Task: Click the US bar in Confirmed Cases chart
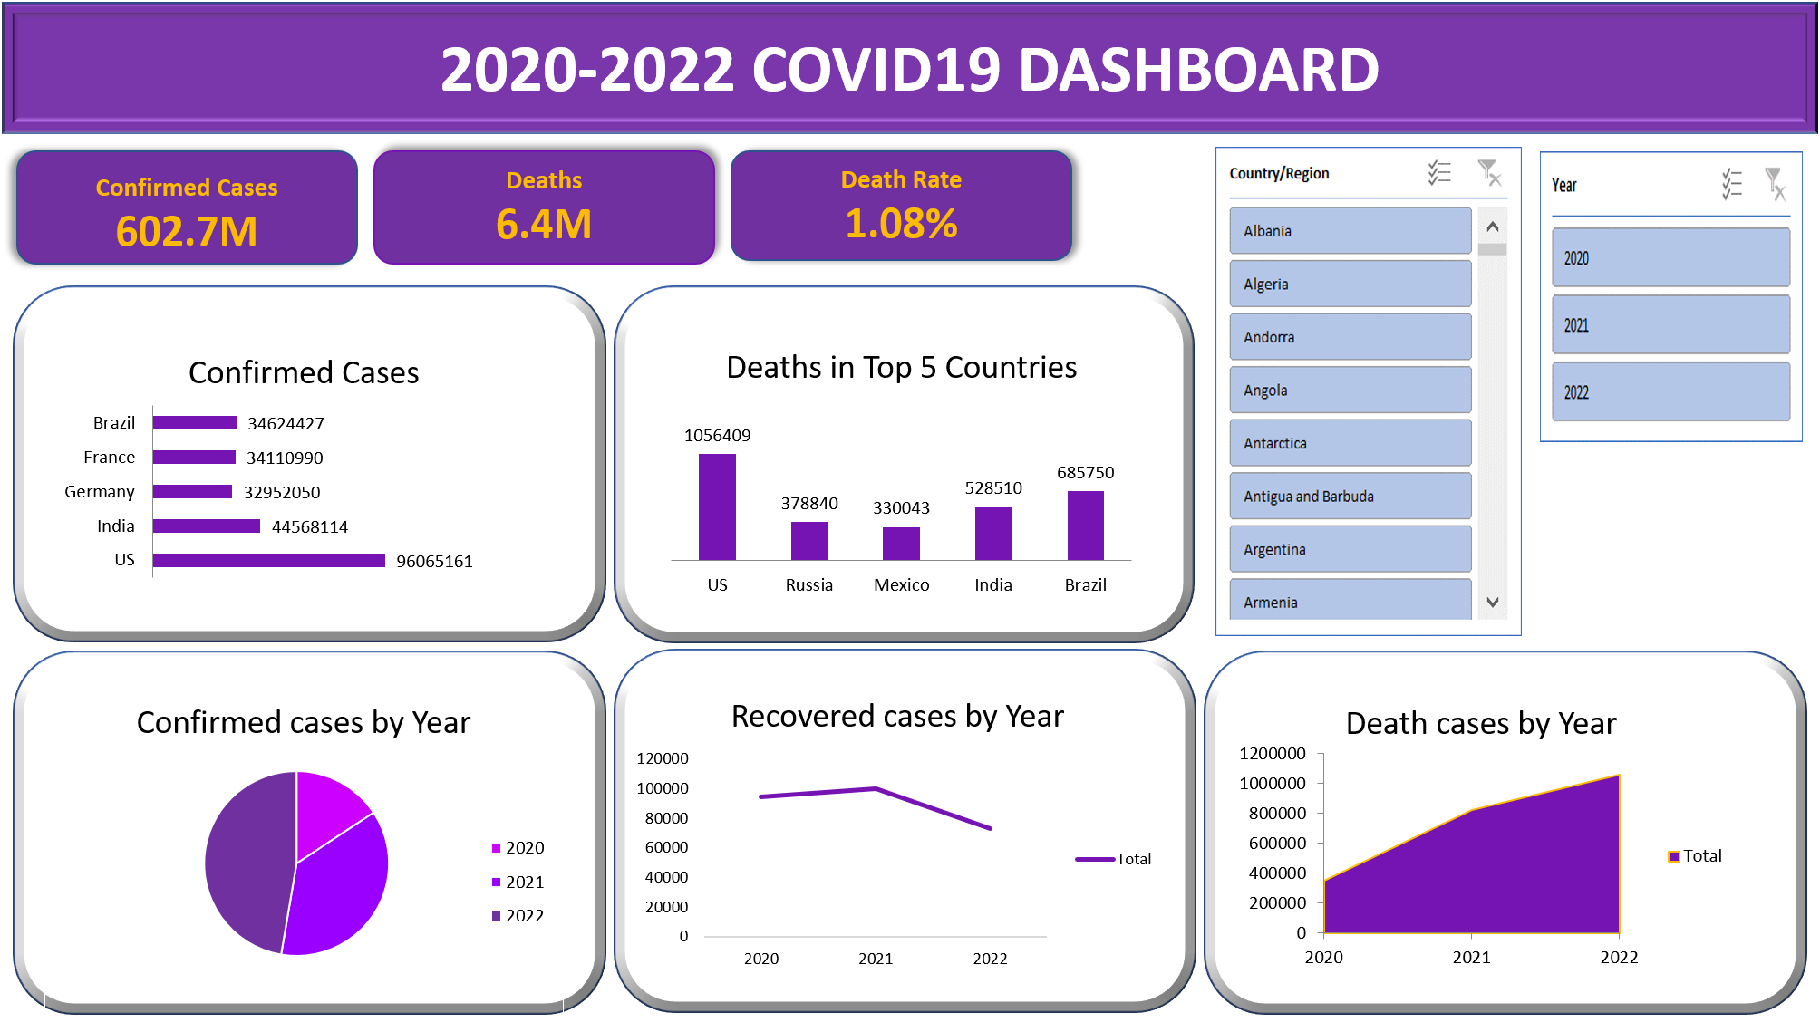[x=268, y=561]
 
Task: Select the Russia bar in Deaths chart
[x=809, y=541]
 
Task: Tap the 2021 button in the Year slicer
[x=1670, y=325]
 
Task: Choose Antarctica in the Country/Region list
[x=1349, y=443]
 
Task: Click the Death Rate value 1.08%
[x=901, y=224]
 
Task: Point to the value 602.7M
[x=187, y=231]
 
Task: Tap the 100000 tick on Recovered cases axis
[x=663, y=788]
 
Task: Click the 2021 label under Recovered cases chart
[x=876, y=959]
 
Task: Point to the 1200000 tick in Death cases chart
[x=1272, y=754]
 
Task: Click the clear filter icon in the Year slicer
[x=1775, y=184]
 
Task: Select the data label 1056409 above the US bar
[x=717, y=436]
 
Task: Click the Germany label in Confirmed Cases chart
[x=100, y=492]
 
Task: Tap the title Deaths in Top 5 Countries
[x=901, y=368]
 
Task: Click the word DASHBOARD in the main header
[x=1198, y=70]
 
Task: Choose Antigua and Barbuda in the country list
[x=1349, y=497]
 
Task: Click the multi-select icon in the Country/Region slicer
[x=1439, y=173]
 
